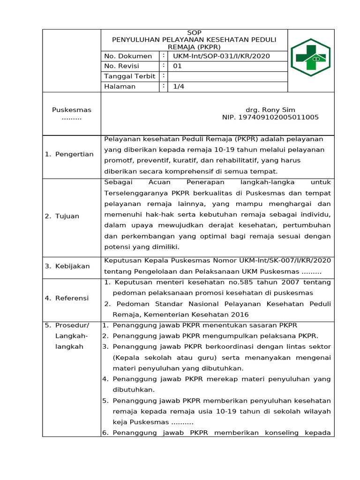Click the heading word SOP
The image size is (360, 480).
[194, 33]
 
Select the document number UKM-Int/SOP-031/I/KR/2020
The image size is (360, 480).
[221, 56]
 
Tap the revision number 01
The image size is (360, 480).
[177, 66]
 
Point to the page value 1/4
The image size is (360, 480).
[178, 86]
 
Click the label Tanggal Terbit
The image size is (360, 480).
[129, 76]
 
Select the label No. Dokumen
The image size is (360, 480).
[128, 56]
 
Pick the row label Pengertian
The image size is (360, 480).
[74, 154]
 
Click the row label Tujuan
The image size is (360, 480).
[67, 216]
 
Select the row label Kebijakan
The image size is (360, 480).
[73, 266]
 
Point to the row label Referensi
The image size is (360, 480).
[73, 298]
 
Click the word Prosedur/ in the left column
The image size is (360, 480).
[72, 325]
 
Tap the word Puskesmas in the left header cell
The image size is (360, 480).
[72, 110]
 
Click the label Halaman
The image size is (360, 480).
[120, 86]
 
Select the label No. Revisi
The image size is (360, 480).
[123, 66]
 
